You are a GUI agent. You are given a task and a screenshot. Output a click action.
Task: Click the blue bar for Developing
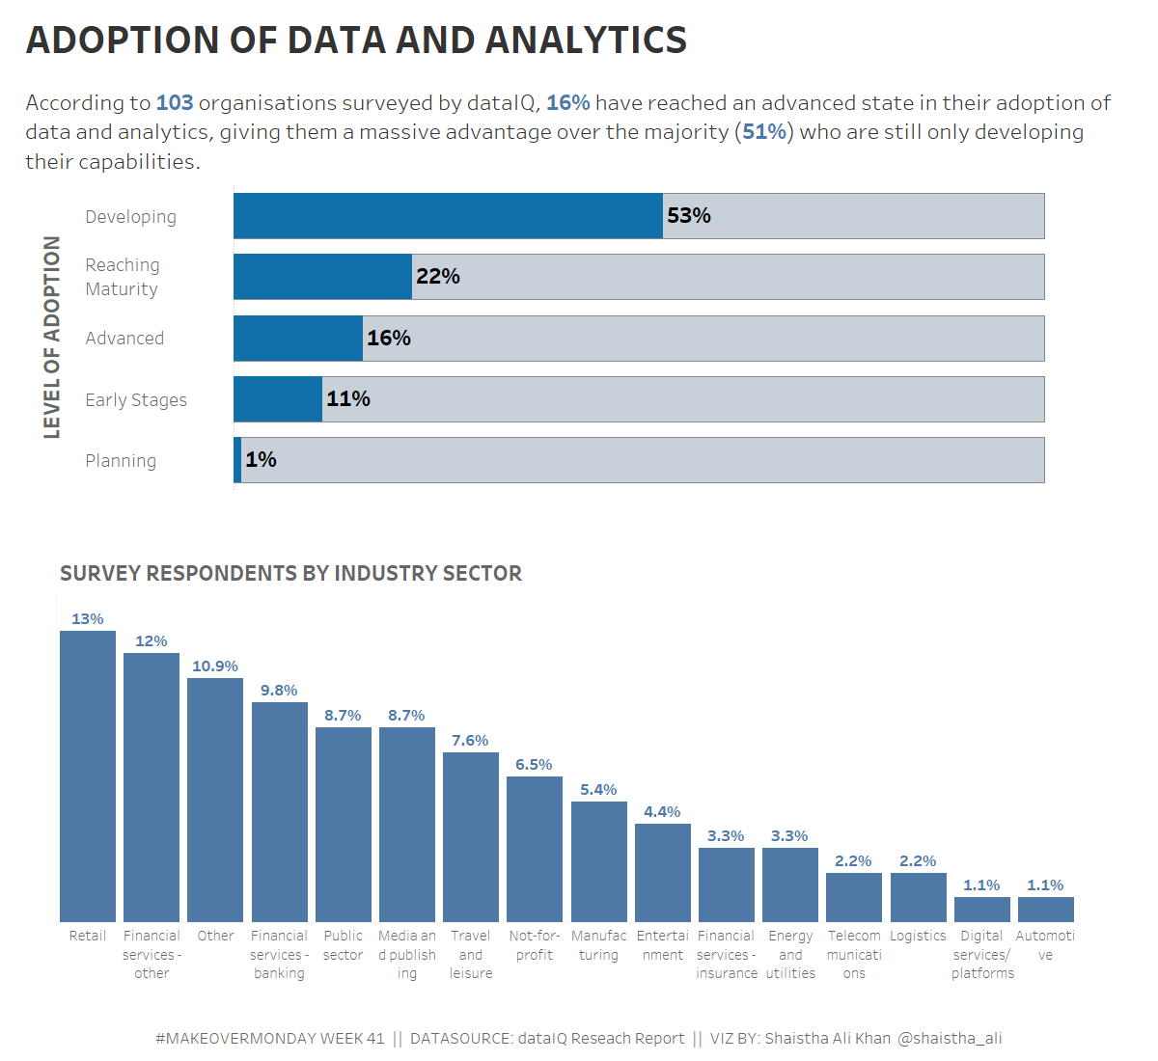click(x=448, y=216)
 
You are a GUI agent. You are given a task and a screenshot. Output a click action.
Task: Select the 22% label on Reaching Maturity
click(x=437, y=277)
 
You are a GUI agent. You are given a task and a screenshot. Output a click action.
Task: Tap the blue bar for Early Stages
click(x=278, y=399)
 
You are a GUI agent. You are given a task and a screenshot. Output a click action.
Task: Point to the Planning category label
click(x=121, y=461)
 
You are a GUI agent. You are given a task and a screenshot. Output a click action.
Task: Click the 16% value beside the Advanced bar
click(x=388, y=339)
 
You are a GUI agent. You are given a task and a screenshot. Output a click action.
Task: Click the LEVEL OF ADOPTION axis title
click(x=52, y=338)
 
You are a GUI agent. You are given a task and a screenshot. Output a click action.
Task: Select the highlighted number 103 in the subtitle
click(x=175, y=103)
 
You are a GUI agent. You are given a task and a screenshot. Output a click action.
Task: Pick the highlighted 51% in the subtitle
click(x=764, y=132)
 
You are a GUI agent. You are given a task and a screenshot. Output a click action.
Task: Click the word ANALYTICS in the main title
click(x=586, y=41)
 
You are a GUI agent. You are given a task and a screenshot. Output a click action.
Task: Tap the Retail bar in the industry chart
click(x=88, y=776)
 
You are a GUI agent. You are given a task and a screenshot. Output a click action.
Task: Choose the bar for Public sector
click(x=343, y=825)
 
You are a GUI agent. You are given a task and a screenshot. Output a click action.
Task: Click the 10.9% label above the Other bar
click(x=214, y=667)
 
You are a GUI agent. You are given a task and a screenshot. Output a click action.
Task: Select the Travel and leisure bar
click(x=471, y=837)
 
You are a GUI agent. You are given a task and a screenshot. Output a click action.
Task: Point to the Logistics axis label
click(x=918, y=936)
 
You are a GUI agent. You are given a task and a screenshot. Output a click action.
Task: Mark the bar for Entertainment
click(x=662, y=873)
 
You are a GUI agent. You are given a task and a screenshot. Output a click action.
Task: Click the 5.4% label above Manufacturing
click(x=598, y=790)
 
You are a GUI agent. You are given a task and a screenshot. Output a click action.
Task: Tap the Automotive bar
click(x=1045, y=910)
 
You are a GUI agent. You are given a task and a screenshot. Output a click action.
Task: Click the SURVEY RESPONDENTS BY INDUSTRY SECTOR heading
click(x=290, y=574)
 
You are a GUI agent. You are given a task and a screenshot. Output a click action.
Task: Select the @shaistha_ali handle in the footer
click(x=950, y=1039)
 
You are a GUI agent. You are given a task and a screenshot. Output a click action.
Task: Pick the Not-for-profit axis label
click(x=535, y=945)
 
